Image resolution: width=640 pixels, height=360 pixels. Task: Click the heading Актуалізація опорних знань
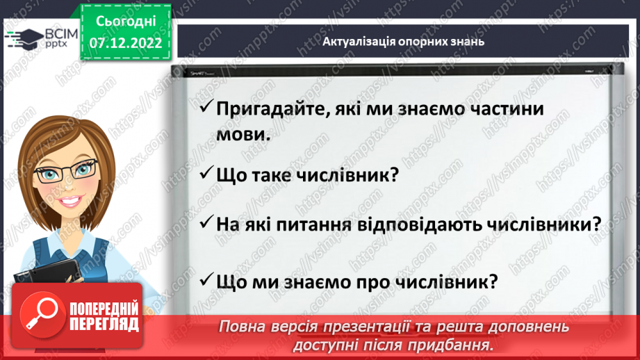click(403, 41)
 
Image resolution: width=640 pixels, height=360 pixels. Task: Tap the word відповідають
click(426, 224)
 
